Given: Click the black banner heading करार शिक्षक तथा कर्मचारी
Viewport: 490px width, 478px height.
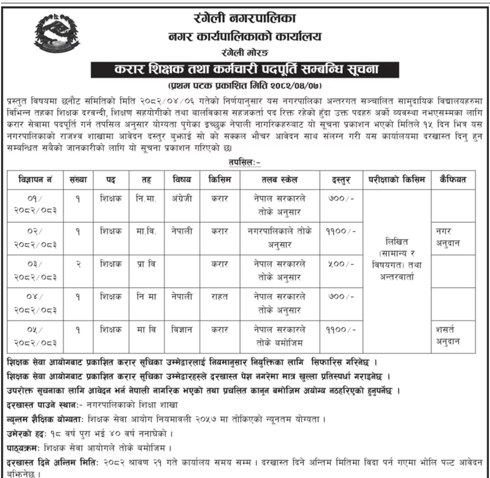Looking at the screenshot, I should click(245, 69).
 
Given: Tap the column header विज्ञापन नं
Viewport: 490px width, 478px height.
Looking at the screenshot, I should click(35, 180).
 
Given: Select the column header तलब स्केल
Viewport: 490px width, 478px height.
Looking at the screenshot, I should click(279, 180).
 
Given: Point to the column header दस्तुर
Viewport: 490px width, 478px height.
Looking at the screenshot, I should click(341, 180).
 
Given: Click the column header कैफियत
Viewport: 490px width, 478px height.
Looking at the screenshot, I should click(453, 180).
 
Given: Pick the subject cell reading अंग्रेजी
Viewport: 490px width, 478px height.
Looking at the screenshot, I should click(182, 199).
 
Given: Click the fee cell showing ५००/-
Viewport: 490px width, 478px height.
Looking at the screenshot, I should click(341, 264).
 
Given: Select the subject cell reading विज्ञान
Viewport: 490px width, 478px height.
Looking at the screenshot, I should click(182, 330).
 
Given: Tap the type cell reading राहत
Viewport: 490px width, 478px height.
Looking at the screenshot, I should click(219, 297).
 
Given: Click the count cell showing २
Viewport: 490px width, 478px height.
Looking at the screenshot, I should click(78, 264).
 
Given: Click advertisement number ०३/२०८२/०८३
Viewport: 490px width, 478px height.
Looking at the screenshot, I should click(35, 270).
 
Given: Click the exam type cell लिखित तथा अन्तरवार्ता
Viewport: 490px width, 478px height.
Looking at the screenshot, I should click(396, 259).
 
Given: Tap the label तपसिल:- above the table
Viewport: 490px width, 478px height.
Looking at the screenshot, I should click(245, 162).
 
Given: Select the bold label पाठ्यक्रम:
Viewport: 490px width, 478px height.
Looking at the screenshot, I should click(23, 448).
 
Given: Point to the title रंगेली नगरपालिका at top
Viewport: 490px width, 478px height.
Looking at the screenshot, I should click(245, 18).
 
